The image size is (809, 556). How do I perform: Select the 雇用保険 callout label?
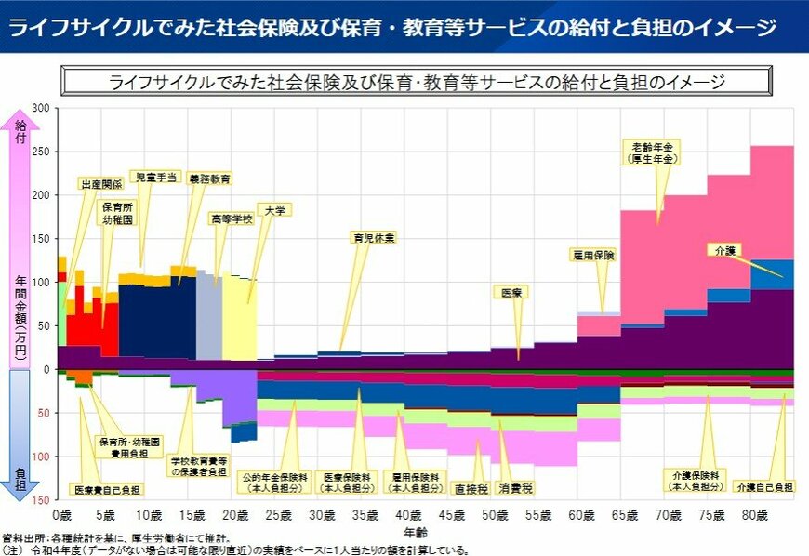591,254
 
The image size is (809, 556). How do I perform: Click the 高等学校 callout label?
231,219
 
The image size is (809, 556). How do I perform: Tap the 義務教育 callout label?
209,178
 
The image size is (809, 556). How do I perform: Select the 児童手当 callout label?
154,177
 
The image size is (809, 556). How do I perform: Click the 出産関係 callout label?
101,184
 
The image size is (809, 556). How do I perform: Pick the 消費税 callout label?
515,487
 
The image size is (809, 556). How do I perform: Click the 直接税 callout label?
471,487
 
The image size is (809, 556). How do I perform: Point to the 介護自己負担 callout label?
764,487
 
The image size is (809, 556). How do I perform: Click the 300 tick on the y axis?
40,108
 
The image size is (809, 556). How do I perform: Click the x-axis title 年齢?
416,532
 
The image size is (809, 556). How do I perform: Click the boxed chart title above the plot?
417,81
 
